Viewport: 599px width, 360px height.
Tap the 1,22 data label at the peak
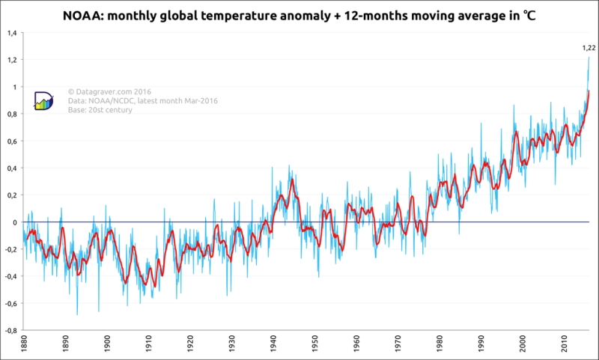pyautogui.click(x=589, y=48)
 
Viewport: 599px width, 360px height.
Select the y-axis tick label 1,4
pyautogui.click(x=13, y=33)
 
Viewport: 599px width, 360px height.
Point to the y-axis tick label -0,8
pyautogui.click(x=11, y=330)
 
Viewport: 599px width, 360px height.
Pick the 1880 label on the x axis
pyautogui.click(x=25, y=346)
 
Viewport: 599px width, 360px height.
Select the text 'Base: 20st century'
pyautogui.click(x=100, y=110)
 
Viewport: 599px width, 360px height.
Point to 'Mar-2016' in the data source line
pyautogui.click(x=200, y=101)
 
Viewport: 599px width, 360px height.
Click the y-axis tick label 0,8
pyautogui.click(x=13, y=114)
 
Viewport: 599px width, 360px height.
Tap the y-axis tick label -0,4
pyautogui.click(x=11, y=276)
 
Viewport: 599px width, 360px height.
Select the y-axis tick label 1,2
pyautogui.click(x=13, y=60)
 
